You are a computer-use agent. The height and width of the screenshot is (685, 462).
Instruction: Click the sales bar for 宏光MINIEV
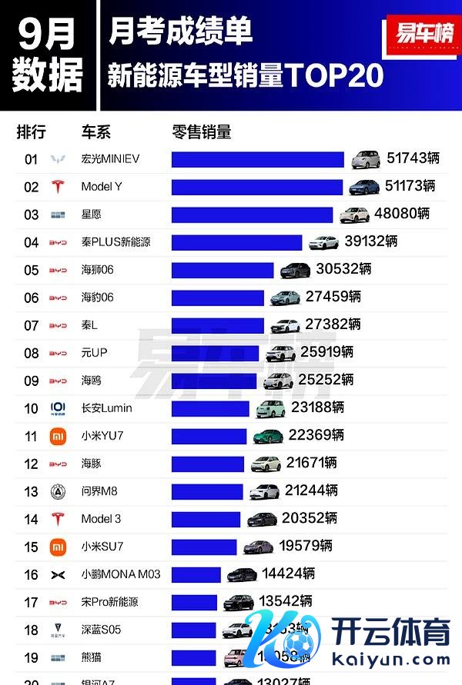[x=257, y=159]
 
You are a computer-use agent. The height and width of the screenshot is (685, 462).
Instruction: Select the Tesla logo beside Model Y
[x=58, y=187]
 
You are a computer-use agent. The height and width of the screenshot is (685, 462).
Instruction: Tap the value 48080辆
[x=402, y=214]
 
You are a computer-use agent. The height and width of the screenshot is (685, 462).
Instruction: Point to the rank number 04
[x=31, y=242]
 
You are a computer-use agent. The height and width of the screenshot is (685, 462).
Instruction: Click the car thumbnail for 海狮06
[x=295, y=270]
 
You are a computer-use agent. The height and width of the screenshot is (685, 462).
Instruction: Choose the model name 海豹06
[x=97, y=298]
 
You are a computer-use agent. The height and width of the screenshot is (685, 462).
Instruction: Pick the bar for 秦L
[x=217, y=325]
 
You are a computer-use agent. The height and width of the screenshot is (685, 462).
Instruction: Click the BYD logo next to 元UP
[x=58, y=353]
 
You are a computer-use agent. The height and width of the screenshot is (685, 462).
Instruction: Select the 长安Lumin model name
[x=106, y=408]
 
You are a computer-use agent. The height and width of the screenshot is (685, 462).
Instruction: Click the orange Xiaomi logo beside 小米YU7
[x=58, y=436]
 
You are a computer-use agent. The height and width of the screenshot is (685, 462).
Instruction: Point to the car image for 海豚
[x=265, y=464]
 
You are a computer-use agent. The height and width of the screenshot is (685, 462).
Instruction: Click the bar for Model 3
[x=206, y=519]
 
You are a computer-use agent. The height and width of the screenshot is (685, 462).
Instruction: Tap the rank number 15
[x=31, y=547]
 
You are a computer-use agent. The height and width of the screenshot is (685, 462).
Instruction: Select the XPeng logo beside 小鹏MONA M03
[x=58, y=574]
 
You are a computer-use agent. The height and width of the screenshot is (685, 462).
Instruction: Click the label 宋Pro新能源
[x=110, y=602]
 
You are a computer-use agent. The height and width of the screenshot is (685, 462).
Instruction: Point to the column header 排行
[x=32, y=131]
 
